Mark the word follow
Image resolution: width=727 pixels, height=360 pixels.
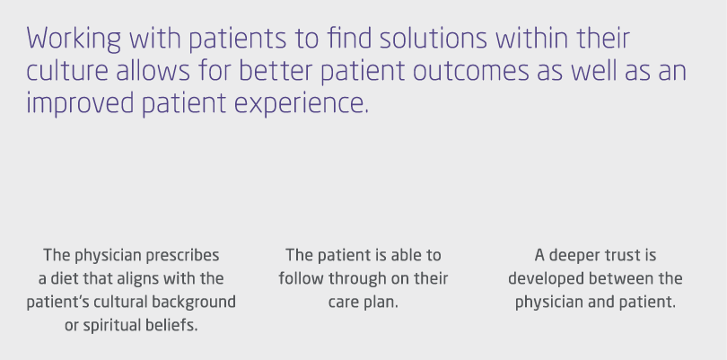[x=299, y=278]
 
